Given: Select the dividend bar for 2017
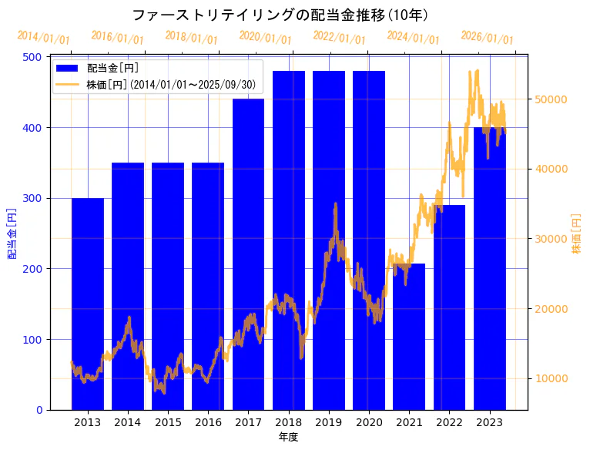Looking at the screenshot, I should pyautogui.click(x=248, y=254).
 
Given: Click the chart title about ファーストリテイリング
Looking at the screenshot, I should pyautogui.click(x=280, y=15).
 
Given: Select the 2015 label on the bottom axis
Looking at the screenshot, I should pyautogui.click(x=168, y=421).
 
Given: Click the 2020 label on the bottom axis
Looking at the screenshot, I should pyautogui.click(x=369, y=421).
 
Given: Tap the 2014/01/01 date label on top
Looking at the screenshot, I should pyautogui.click(x=44, y=38).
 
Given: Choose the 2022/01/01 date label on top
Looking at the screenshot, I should pyautogui.click(x=340, y=38).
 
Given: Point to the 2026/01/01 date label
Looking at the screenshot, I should pyautogui.click(x=487, y=38).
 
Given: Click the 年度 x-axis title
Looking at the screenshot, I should pyautogui.click(x=288, y=437).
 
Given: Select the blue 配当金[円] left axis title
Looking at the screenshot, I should pyautogui.click(x=12, y=233).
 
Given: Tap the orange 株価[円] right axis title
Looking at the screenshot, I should pyautogui.click(x=576, y=233).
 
